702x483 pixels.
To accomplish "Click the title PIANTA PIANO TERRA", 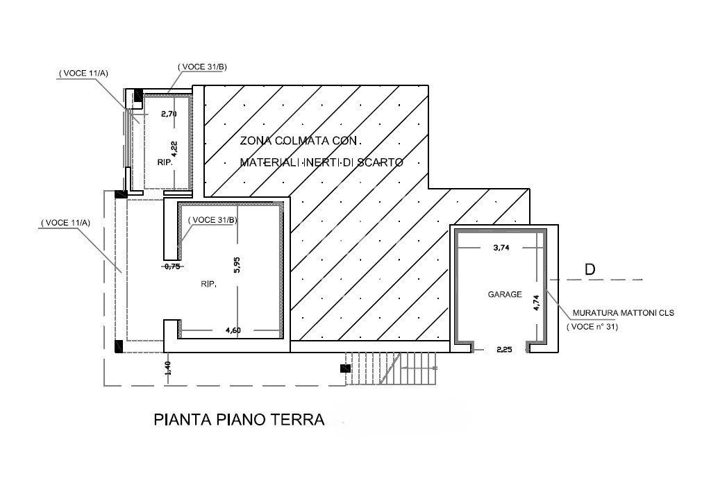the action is (239, 419).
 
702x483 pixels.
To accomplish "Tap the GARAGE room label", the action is (505, 294).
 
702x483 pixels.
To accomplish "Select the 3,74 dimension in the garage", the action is (501, 248).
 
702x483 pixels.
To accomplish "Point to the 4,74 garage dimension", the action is (536, 302).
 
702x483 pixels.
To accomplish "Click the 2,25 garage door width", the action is (505, 350).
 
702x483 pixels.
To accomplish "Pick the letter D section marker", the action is (590, 269).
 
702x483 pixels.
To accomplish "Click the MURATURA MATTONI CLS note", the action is (624, 314).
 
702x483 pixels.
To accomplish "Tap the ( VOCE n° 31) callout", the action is (592, 327).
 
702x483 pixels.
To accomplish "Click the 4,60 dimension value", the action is (233, 330).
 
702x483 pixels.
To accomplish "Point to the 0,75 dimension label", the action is (172, 266).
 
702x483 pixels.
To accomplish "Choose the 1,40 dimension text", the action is (168, 368).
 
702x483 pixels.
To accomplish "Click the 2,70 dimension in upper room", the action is (169, 114).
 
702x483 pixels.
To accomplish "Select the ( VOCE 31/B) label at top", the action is (202, 67).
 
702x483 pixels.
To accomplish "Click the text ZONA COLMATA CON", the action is (299, 141).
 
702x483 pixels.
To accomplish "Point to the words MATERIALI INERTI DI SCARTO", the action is (321, 162).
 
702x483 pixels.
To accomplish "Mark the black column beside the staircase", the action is (344, 368).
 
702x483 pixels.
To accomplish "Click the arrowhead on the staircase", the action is (435, 368).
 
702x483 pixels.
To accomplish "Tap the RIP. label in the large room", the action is (208, 284).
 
